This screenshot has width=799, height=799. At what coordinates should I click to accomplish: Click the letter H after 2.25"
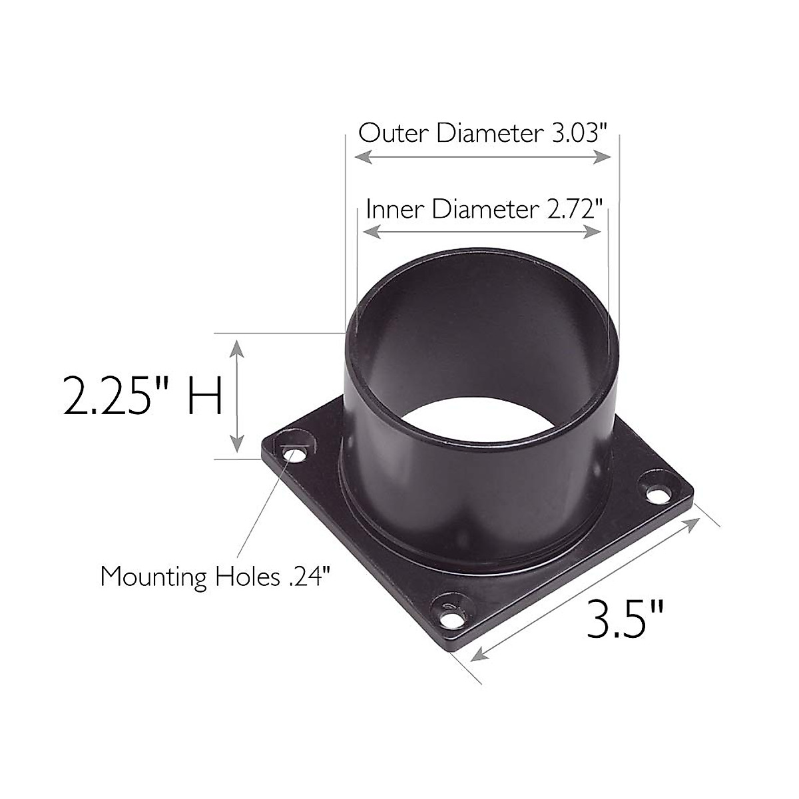[x=204, y=396]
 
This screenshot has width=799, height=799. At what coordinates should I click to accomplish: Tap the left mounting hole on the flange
[x=292, y=455]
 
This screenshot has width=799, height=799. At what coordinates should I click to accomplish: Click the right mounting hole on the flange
[x=659, y=495]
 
